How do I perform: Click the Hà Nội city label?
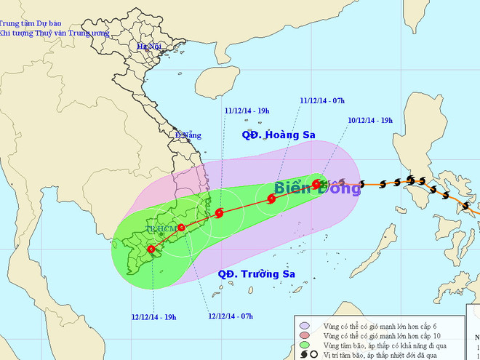point(148,47)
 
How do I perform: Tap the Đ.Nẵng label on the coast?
point(188,135)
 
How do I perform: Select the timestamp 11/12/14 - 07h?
point(323,101)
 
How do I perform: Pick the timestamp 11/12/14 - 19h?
point(247,111)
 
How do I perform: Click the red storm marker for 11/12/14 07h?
point(271,199)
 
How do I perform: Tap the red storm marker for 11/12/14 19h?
point(220,213)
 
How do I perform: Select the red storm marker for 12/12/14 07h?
point(182,228)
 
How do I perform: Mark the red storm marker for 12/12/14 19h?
point(151,249)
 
